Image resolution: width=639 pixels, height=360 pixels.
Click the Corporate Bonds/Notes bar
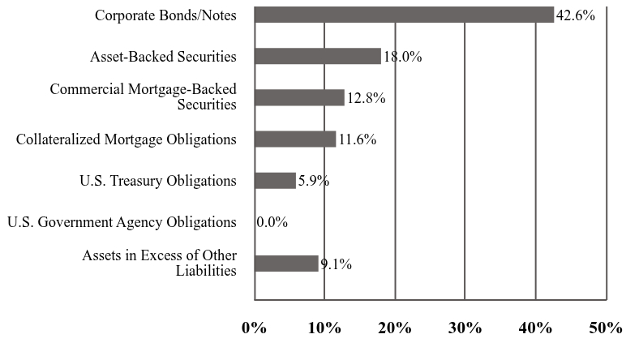404,15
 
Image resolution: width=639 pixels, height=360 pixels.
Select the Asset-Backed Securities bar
317,56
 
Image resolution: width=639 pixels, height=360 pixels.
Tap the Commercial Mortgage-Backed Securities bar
299,97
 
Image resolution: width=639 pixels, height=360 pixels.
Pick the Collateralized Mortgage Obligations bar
295,139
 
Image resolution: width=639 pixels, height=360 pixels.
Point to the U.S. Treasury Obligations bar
275,180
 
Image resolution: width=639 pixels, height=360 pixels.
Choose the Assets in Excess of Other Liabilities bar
286,263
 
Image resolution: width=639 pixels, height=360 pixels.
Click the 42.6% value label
576,15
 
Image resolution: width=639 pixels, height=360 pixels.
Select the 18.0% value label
403,57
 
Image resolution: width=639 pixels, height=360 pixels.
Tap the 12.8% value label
366,98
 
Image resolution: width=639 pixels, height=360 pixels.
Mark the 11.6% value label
358,139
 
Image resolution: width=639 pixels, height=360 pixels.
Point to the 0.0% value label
272,222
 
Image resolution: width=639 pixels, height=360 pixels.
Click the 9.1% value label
335,264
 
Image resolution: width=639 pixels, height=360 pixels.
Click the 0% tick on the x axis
254,328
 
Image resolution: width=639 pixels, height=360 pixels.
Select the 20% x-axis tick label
395,328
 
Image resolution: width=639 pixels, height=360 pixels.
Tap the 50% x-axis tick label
606,328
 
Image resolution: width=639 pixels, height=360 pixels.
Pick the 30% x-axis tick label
465,328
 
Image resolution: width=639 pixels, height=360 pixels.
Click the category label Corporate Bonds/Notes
165,15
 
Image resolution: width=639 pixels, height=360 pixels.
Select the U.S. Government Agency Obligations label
122,222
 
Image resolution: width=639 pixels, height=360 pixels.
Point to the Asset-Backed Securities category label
164,57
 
